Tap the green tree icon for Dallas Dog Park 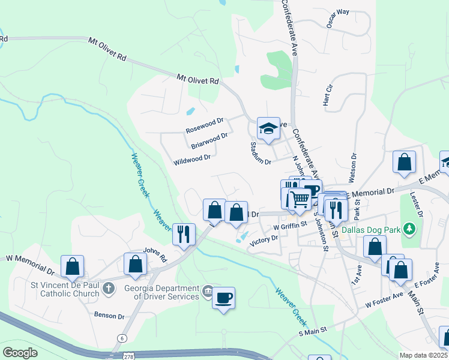[x=409, y=229]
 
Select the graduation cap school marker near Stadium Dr [x=268, y=128]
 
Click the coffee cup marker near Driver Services [x=223, y=298]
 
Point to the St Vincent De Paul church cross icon [x=108, y=289]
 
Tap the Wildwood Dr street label [x=191, y=159]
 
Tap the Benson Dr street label [x=109, y=316]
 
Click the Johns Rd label [x=154, y=255]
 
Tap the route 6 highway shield [x=122, y=339]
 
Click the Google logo [x=20, y=352]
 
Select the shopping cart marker [x=299, y=199]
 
